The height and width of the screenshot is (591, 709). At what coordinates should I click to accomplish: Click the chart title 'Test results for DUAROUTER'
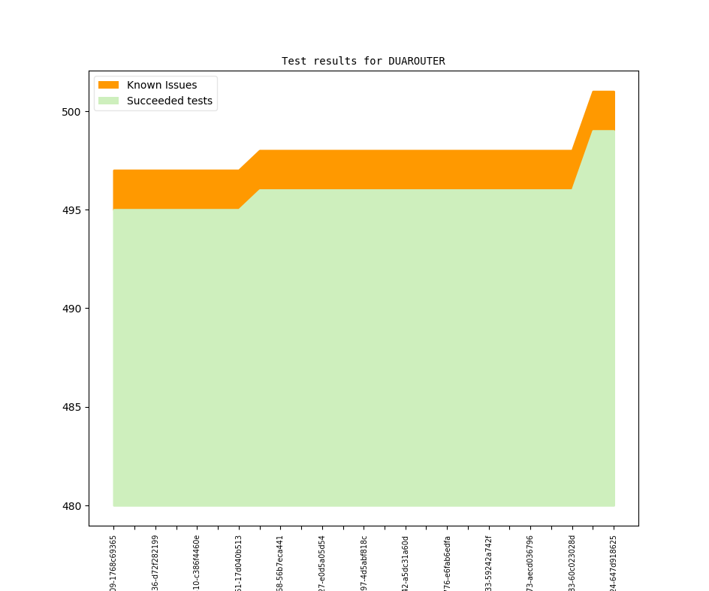363,61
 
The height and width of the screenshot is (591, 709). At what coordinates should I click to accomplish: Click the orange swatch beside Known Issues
108,85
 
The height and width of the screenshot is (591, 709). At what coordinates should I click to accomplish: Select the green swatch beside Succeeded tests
108,101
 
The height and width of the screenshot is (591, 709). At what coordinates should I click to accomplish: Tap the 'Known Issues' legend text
161,85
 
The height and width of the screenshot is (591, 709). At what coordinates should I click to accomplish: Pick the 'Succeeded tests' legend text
169,101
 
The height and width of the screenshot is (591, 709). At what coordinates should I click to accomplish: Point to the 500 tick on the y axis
76,112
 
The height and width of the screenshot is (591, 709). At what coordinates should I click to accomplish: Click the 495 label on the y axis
76,210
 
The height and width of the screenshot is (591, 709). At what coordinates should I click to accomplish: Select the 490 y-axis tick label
76,309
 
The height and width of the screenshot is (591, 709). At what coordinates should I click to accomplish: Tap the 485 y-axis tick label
76,408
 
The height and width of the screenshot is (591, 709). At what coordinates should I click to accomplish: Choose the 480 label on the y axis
76,506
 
